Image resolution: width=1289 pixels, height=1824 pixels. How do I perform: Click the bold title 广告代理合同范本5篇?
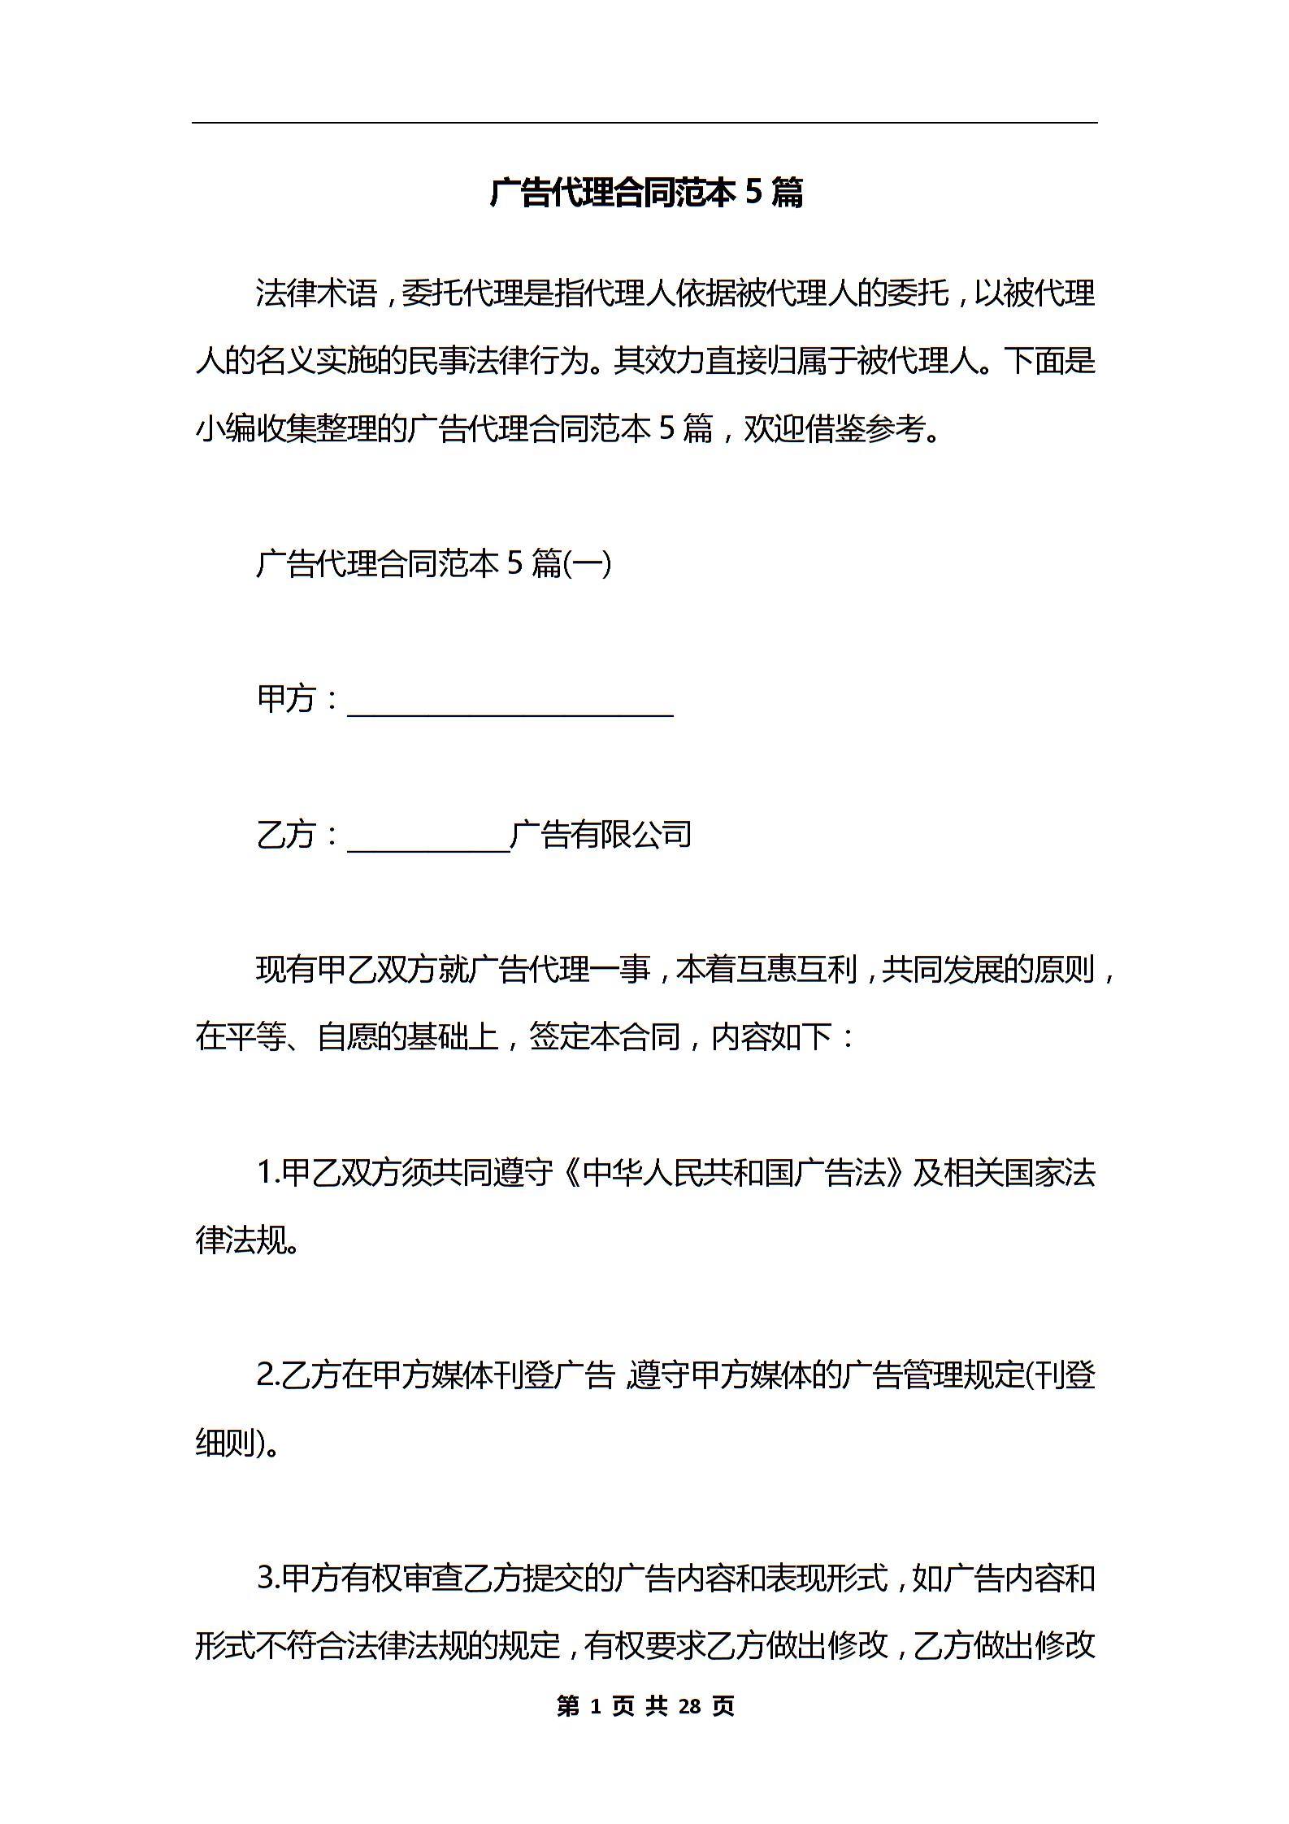tap(646, 193)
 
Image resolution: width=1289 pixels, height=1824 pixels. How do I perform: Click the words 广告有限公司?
tap(601, 834)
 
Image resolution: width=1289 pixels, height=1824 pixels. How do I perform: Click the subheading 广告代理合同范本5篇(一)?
tap(433, 563)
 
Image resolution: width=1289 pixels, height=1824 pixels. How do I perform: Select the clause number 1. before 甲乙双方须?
tap(268, 1173)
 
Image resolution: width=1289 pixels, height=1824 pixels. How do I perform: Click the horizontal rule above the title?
tap(644, 124)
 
